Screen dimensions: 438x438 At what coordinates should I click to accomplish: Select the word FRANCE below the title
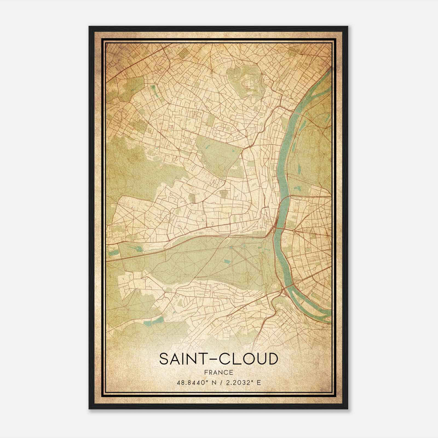coord(219,372)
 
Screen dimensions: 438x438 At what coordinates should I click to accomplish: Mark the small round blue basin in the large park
coord(231,247)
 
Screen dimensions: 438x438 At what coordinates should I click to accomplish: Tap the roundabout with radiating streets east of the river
coord(293,231)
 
